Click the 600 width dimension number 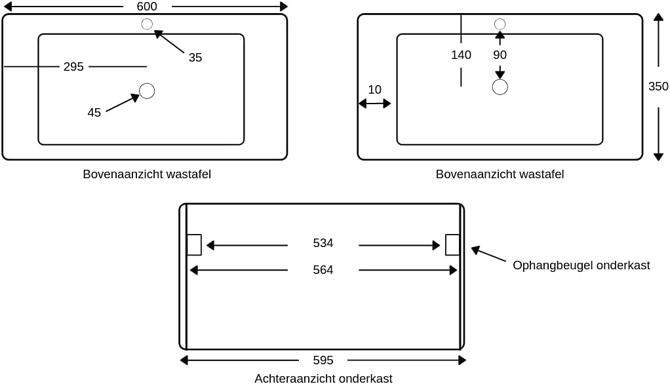147,7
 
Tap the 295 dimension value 73,67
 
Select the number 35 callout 195,58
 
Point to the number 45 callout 94,113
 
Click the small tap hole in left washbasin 147,24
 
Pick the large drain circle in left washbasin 147,91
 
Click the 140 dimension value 461,55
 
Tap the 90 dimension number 500,55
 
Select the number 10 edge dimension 374,90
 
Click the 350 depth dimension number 658,86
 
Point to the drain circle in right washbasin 500,87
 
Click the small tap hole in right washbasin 500,24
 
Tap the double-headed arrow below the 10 374,104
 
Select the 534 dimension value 323,243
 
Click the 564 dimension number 323,270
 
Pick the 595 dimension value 323,360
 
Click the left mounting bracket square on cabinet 194,244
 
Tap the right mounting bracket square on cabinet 452,244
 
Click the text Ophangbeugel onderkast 581,265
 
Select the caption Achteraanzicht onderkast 323,378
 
